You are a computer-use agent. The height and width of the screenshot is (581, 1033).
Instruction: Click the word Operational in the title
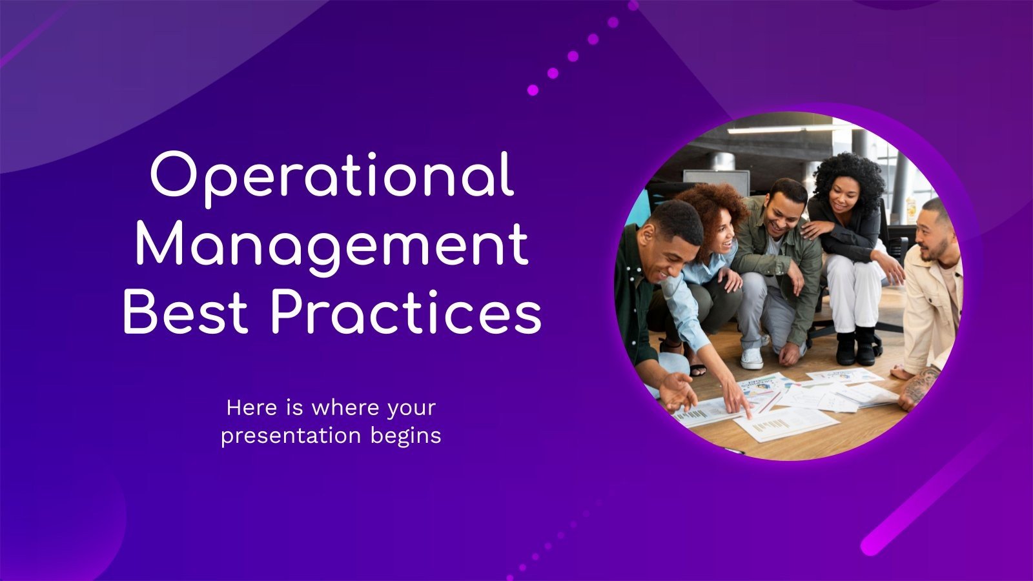click(x=332, y=176)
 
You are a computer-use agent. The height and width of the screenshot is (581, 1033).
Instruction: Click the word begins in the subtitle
click(x=406, y=436)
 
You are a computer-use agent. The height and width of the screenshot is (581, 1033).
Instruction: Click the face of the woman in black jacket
click(x=846, y=194)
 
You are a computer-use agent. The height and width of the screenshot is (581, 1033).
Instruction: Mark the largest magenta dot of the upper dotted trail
click(x=533, y=90)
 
